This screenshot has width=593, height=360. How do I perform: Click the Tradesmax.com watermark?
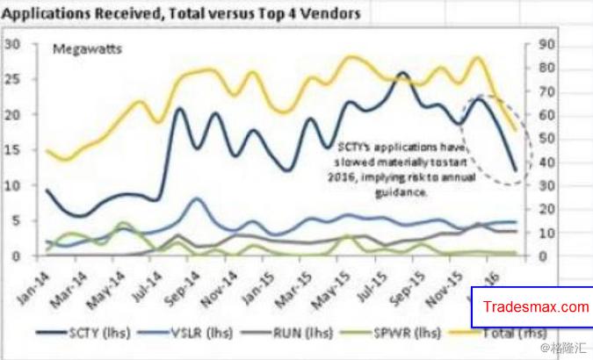537,307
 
